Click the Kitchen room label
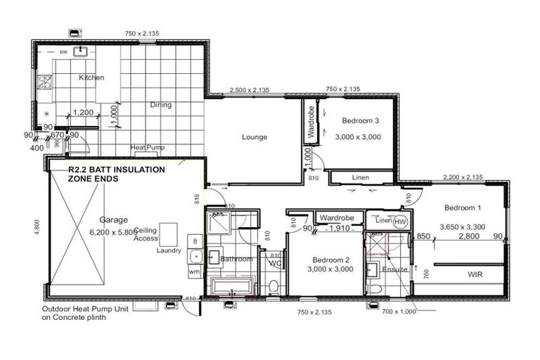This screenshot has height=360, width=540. point(91,77)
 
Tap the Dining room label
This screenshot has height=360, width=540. point(160,105)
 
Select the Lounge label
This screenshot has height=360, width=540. point(254,137)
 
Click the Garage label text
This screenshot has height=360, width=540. point(112,219)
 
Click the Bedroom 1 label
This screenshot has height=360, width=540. point(463,207)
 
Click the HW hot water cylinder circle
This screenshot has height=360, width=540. point(400,222)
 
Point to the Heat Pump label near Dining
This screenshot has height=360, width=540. point(147,148)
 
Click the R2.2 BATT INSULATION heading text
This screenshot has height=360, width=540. point(116,170)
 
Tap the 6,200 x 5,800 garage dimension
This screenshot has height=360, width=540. point(112,232)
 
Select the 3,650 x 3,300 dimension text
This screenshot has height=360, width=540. point(463,227)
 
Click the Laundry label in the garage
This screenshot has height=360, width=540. point(169,250)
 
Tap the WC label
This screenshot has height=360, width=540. point(275,263)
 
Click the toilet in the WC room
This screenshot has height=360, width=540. point(274,284)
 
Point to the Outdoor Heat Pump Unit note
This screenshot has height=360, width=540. point(79,312)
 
